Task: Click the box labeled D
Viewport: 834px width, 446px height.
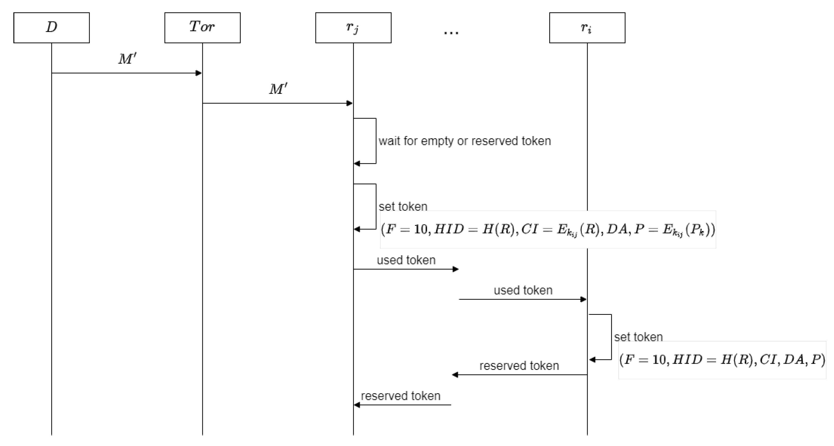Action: tap(51, 28)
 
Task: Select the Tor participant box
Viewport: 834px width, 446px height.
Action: tap(202, 28)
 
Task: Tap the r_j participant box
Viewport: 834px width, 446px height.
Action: tap(353, 28)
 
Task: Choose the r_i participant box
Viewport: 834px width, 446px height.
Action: tap(587, 28)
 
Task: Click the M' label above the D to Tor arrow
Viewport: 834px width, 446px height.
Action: tap(127, 59)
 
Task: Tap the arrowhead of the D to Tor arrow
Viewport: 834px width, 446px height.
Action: tap(199, 73)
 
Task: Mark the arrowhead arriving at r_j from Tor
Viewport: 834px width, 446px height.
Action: tap(350, 103)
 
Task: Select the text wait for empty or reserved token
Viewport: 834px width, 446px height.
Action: tap(465, 141)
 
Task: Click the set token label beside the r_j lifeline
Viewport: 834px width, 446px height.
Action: tap(403, 206)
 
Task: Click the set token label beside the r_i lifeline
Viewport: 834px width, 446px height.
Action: tap(638, 337)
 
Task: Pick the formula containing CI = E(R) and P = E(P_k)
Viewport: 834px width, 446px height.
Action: tap(548, 230)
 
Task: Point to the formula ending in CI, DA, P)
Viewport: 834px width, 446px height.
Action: tap(722, 360)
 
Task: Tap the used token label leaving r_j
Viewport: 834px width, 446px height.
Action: tap(406, 260)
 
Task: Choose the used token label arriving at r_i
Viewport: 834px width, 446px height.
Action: tap(523, 290)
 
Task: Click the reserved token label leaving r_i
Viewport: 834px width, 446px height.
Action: tap(519, 365)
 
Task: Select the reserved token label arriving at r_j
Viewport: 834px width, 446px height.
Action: tap(401, 396)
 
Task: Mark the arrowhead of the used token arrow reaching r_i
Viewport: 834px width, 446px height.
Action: tap(583, 299)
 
